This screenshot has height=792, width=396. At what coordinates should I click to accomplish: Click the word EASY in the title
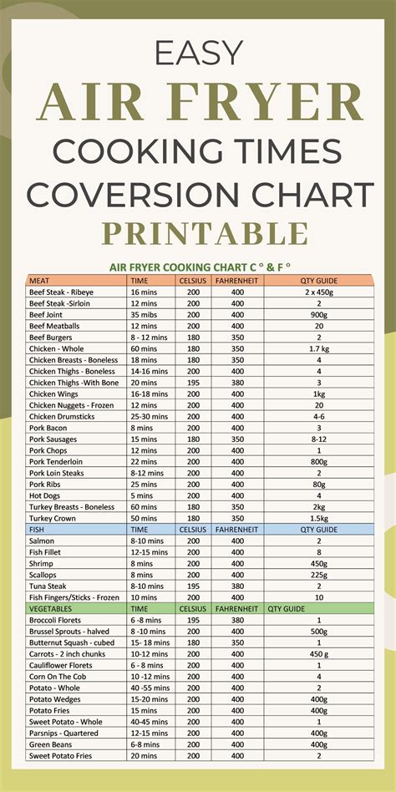tap(198, 56)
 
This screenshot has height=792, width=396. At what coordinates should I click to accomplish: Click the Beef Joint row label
tap(49, 314)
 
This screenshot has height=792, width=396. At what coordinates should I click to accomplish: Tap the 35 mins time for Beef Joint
tap(144, 314)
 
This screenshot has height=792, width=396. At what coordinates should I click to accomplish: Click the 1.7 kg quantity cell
tap(319, 348)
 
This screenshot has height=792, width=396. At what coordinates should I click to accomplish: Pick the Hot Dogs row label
tap(47, 495)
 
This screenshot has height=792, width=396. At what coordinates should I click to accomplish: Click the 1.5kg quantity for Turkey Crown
tap(319, 518)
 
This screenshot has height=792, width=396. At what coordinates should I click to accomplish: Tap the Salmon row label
tap(43, 541)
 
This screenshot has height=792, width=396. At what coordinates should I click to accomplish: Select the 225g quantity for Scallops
tap(319, 574)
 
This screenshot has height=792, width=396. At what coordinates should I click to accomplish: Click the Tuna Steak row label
tap(49, 586)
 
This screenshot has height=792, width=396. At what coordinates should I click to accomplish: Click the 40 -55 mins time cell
tap(149, 688)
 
